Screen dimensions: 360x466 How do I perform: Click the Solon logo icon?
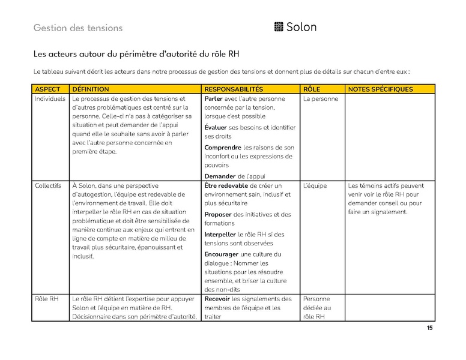pyautogui.click(x=278, y=27)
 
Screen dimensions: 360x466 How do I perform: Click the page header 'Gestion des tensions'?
pyautogui.click(x=78, y=28)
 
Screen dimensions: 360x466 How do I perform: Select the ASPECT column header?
pyautogui.click(x=48, y=89)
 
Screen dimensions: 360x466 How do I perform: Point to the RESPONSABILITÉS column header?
pyautogui.click(x=234, y=89)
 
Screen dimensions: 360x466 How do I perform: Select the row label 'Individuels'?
pyautogui.click(x=50, y=98)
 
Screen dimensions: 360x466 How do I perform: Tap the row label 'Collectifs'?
pyautogui.click(x=48, y=186)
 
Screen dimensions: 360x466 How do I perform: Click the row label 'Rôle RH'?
pyautogui.click(x=47, y=299)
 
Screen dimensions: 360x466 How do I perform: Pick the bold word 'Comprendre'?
pyautogui.click(x=223, y=147)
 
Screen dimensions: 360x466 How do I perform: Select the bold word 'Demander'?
pyautogui.click(x=219, y=176)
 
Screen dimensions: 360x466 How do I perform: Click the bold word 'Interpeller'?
pyautogui.click(x=220, y=234)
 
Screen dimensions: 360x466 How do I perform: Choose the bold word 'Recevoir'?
pyautogui.click(x=217, y=299)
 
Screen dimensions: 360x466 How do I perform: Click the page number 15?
pyautogui.click(x=429, y=328)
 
